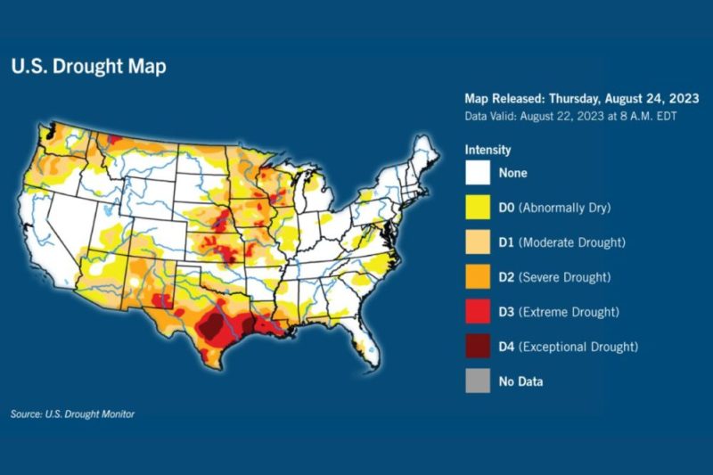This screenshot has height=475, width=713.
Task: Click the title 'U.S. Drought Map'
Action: [88, 67]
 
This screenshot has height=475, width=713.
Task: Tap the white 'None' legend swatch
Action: [477, 173]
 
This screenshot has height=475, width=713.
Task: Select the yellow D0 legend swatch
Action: [477, 208]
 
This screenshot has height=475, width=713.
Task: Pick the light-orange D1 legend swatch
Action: [477, 242]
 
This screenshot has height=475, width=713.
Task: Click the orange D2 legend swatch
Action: [477, 277]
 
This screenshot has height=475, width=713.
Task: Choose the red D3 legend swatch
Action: [477, 312]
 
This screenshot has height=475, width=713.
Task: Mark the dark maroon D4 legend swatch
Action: [477, 347]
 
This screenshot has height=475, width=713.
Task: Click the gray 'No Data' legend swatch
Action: [477, 381]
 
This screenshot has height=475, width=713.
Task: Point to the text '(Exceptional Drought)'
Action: [580, 347]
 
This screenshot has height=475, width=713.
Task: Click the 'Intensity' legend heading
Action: [488, 150]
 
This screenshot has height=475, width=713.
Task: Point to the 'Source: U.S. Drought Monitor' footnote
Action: [73, 414]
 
